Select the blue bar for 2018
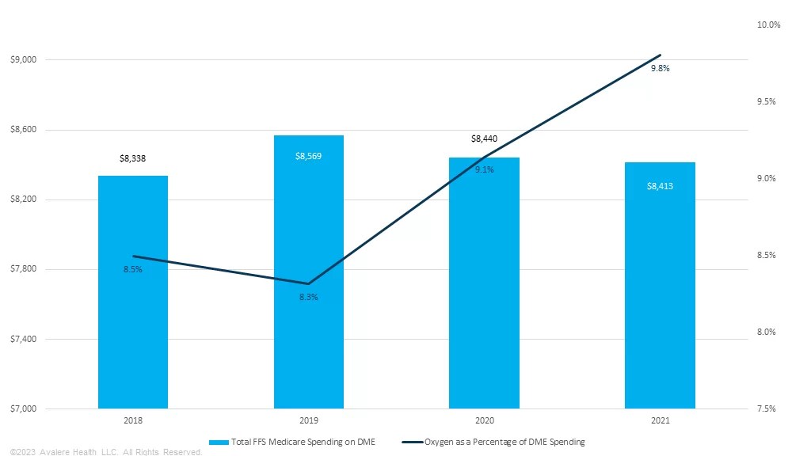tap(133, 332)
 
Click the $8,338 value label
tap(133, 158)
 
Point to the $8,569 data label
tap(308, 156)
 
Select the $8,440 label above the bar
tap(484, 139)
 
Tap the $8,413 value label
tap(660, 186)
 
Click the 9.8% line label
tap(660, 69)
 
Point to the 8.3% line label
tap(308, 297)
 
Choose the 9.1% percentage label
tap(484, 169)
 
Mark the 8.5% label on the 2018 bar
tap(132, 270)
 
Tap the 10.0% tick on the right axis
tap(768, 25)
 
